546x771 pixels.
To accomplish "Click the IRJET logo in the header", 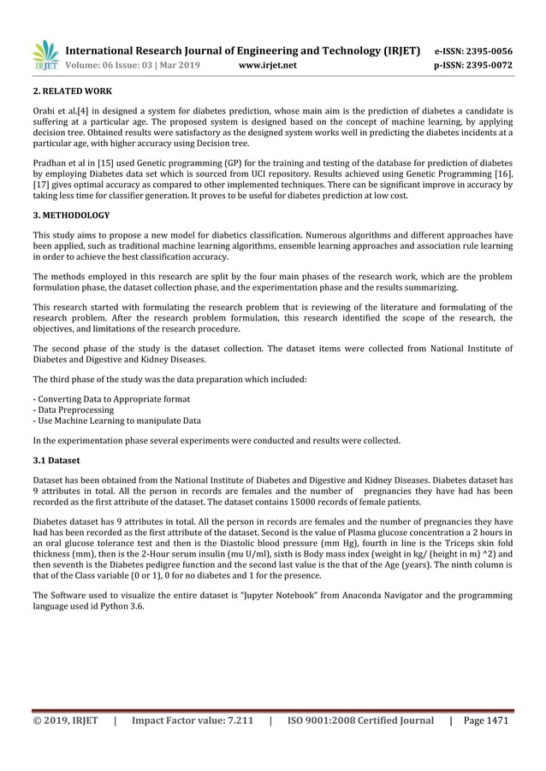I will click(45, 56).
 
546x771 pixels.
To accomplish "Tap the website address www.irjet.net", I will click(269, 64).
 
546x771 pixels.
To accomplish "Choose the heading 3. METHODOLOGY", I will click(71, 215).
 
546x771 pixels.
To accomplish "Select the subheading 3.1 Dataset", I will click(57, 461).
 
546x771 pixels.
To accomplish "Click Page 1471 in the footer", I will click(485, 721).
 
